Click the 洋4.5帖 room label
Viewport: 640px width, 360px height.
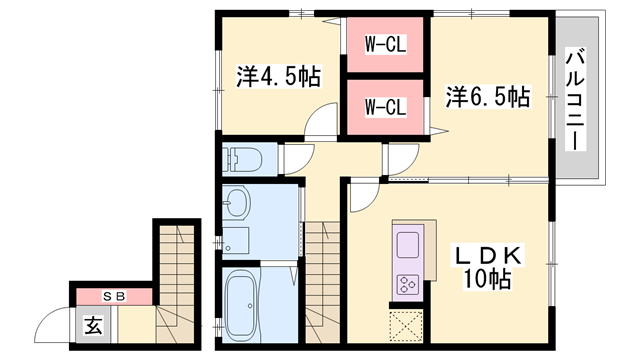coord(265,76)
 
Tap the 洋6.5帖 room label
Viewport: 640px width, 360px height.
coord(487,97)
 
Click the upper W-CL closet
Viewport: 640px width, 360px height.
coord(384,44)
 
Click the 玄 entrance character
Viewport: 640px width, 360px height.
coord(93,325)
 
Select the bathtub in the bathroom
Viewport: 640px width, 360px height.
coord(240,306)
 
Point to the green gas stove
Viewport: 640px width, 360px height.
coord(409,283)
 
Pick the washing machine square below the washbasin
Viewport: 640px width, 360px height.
coord(235,241)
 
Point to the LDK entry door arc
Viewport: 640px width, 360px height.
coord(363,196)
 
